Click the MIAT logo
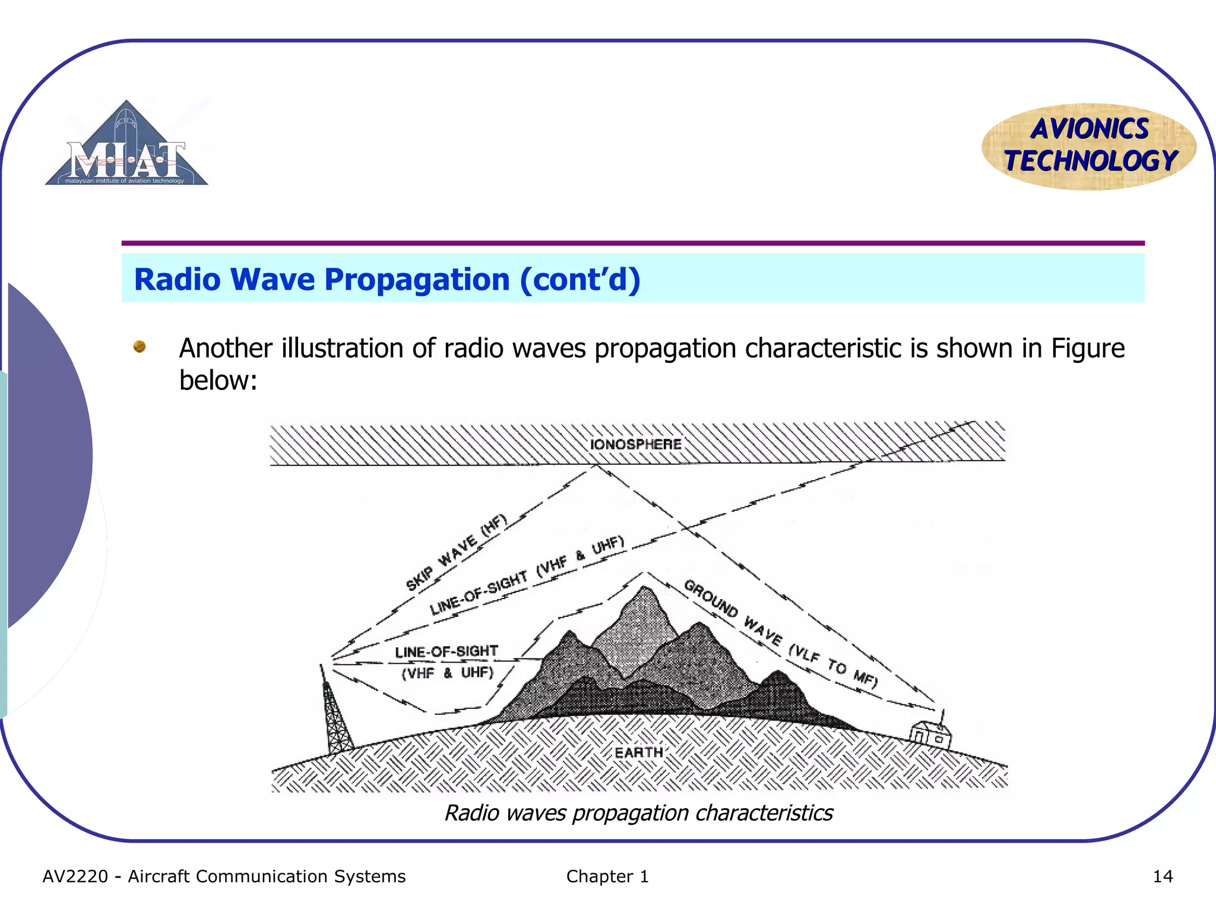point(126,146)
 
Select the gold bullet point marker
point(140,346)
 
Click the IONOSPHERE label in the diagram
point(635,444)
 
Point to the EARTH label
point(638,752)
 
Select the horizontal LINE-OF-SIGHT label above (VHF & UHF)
point(446,651)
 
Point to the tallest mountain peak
point(645,591)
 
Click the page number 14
point(1162,876)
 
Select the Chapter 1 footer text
point(607,876)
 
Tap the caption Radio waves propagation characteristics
point(638,813)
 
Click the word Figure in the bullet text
point(1087,348)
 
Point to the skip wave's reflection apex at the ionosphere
point(596,467)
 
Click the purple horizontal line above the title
point(632,243)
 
